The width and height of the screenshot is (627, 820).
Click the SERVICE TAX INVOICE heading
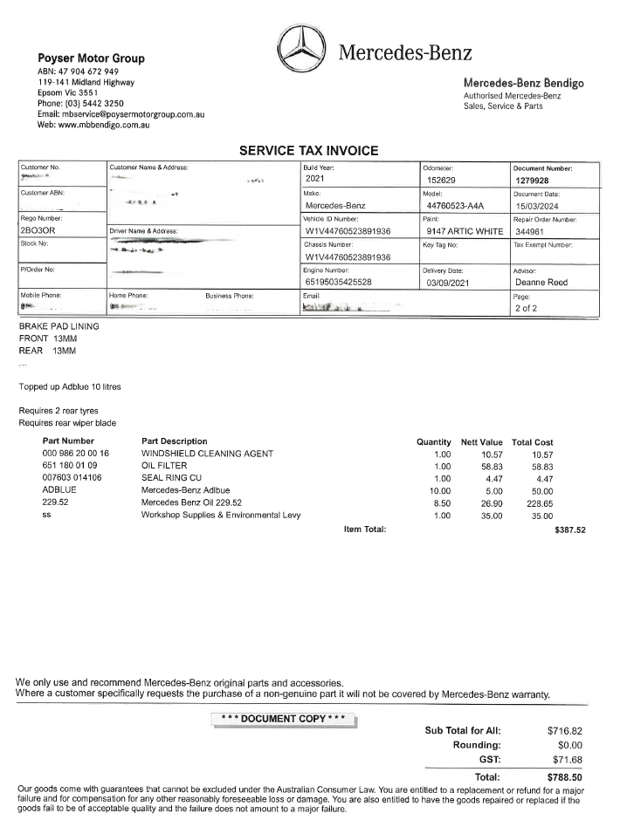click(308, 151)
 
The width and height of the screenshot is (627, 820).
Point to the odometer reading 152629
click(443, 181)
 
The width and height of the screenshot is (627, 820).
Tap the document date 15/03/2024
click(541, 206)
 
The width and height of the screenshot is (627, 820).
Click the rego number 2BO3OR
click(38, 231)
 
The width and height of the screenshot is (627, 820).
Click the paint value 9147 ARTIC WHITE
click(463, 231)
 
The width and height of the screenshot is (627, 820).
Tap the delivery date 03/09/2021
click(450, 283)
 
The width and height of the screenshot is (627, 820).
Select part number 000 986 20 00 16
click(75, 454)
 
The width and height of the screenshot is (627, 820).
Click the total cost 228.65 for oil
click(539, 502)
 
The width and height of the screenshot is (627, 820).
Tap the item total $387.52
click(569, 530)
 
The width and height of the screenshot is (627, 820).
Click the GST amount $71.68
click(564, 760)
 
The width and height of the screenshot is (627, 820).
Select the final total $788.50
click(564, 776)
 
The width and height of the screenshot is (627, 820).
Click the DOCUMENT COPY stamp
click(284, 718)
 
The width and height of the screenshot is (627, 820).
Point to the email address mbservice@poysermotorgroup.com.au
click(132, 114)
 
